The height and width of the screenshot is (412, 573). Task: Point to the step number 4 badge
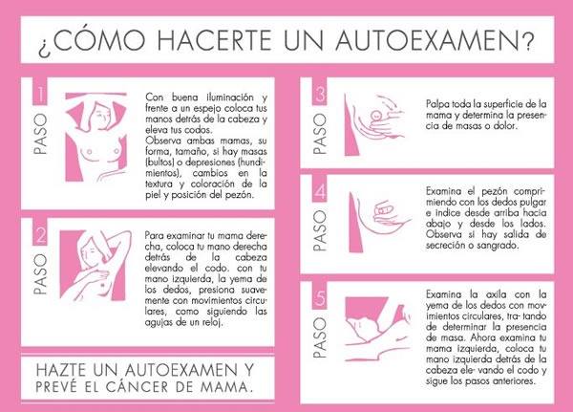[320, 189]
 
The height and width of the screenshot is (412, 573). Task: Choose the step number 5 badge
[320, 295]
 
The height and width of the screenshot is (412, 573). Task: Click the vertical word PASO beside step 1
[40, 134]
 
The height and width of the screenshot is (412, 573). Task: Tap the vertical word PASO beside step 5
[320, 337]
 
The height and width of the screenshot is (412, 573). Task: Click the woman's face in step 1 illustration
[101, 114]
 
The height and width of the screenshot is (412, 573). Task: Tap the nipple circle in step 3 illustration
[376, 115]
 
